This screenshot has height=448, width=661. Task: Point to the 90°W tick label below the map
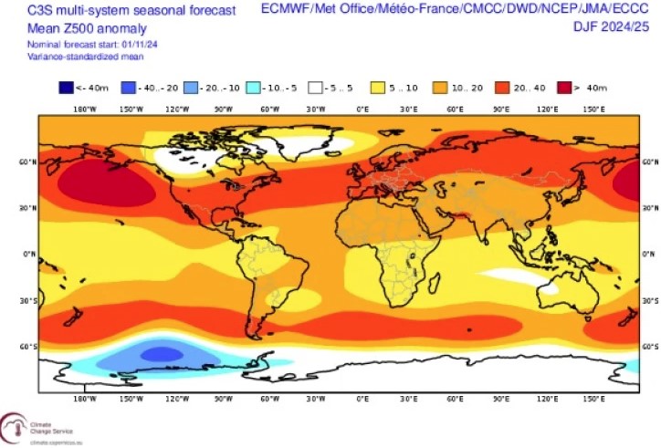pos(223,399)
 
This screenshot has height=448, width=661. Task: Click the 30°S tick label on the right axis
pos(650,300)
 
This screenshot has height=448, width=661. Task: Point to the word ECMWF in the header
pos(284,8)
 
